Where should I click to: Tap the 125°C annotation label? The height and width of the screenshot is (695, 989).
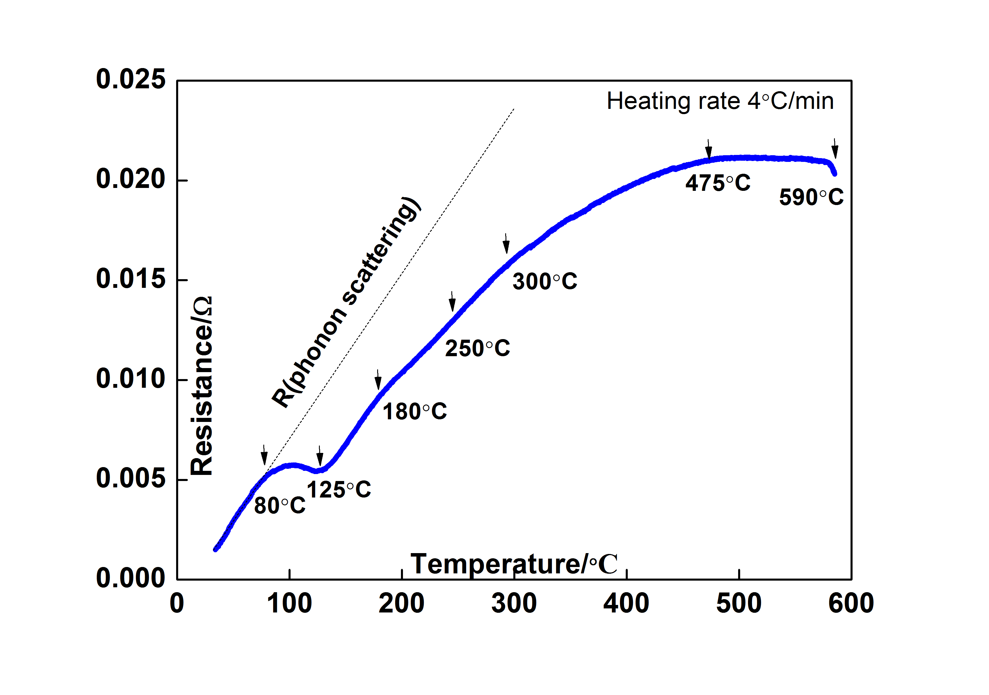[x=339, y=490]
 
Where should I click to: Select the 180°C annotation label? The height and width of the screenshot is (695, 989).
[x=414, y=411]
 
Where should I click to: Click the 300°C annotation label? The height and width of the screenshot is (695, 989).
[x=544, y=281]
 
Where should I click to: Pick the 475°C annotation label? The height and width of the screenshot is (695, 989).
[x=718, y=183]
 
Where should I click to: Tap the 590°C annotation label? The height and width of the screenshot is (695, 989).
[x=811, y=197]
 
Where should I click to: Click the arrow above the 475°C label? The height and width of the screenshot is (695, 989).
[x=709, y=149]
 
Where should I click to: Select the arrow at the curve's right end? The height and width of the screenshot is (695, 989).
[x=835, y=149]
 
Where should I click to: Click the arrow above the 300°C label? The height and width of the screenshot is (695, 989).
[x=506, y=244]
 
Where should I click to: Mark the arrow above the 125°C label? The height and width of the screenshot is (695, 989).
[x=320, y=456]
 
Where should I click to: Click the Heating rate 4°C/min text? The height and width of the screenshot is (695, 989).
[x=720, y=101]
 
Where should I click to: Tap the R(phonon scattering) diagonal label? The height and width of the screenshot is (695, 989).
[x=346, y=302]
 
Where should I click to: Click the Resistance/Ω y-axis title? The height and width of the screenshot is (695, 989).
[x=202, y=386]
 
